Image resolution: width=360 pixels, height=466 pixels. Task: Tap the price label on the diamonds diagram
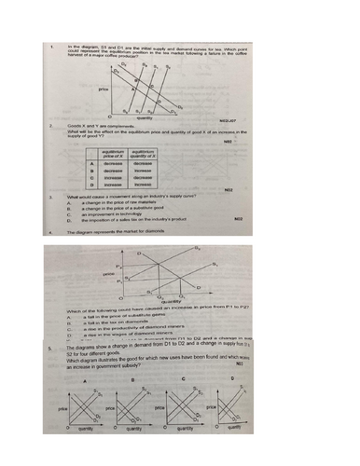(x=109, y=272)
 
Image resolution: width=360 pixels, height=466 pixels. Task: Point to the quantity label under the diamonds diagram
(x=172, y=301)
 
